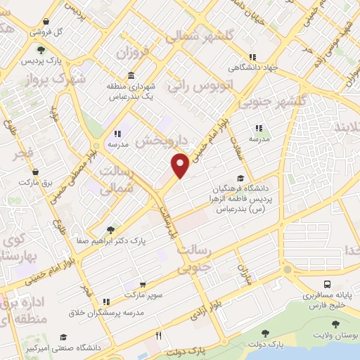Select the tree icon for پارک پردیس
coord(41,49)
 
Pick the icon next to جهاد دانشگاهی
coord(251,58)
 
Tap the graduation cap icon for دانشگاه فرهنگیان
coord(240,178)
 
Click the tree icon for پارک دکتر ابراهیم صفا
coord(110,229)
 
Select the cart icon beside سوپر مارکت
coord(143,285)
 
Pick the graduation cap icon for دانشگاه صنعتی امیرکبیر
coord(63,337)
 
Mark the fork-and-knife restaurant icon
coord(159,336)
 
